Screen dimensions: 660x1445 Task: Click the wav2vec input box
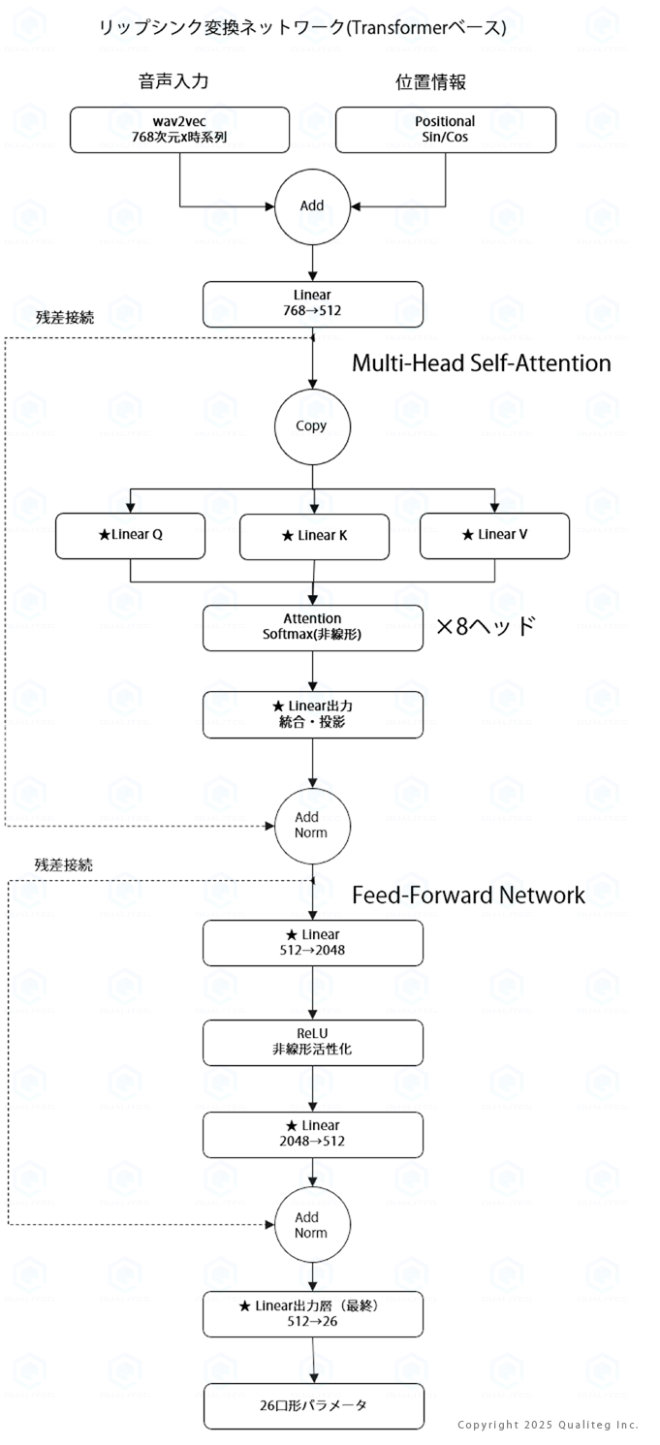(179, 130)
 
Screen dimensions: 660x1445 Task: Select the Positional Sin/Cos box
(445, 130)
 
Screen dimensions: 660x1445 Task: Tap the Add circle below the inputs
(312, 206)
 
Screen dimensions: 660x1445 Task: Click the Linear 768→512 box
(313, 304)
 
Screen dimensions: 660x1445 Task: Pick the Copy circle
(312, 426)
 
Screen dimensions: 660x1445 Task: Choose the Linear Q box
(130, 535)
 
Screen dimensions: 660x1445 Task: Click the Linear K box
(314, 537)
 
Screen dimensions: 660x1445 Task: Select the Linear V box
(495, 535)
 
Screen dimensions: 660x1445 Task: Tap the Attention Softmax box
(313, 628)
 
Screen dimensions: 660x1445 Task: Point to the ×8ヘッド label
(486, 626)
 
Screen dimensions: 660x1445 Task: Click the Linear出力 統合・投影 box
(313, 715)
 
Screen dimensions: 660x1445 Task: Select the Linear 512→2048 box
(313, 943)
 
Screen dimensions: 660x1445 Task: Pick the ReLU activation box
(313, 1043)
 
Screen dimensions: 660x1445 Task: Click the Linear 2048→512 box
(313, 1134)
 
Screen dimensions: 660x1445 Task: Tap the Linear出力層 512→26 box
(313, 1314)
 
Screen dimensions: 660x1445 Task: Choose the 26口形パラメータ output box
(314, 1406)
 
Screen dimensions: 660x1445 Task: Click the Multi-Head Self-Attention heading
(482, 363)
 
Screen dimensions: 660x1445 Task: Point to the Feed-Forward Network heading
(468, 895)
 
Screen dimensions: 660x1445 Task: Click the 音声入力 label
(173, 81)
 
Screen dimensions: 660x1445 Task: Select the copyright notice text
(548, 1425)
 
